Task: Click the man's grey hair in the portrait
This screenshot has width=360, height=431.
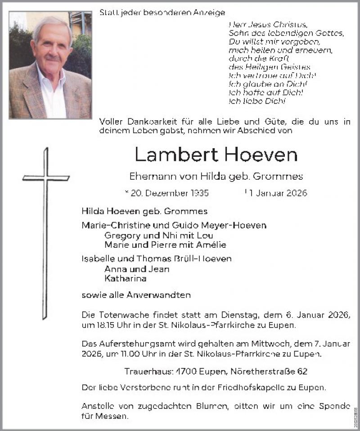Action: [x=52, y=25]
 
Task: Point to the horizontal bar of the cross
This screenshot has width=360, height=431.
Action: [x=46, y=178]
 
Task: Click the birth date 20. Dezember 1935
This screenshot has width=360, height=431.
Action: [x=169, y=193]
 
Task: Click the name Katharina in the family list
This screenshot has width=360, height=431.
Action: [x=125, y=278]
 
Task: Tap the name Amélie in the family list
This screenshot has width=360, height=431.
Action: [x=211, y=245]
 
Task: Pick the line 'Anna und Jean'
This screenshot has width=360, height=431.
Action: [x=136, y=269]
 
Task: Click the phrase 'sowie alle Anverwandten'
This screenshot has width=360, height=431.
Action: [x=136, y=295]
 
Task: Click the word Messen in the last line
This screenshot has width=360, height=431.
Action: [x=111, y=417]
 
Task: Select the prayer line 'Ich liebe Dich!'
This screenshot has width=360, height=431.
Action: [x=257, y=101]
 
